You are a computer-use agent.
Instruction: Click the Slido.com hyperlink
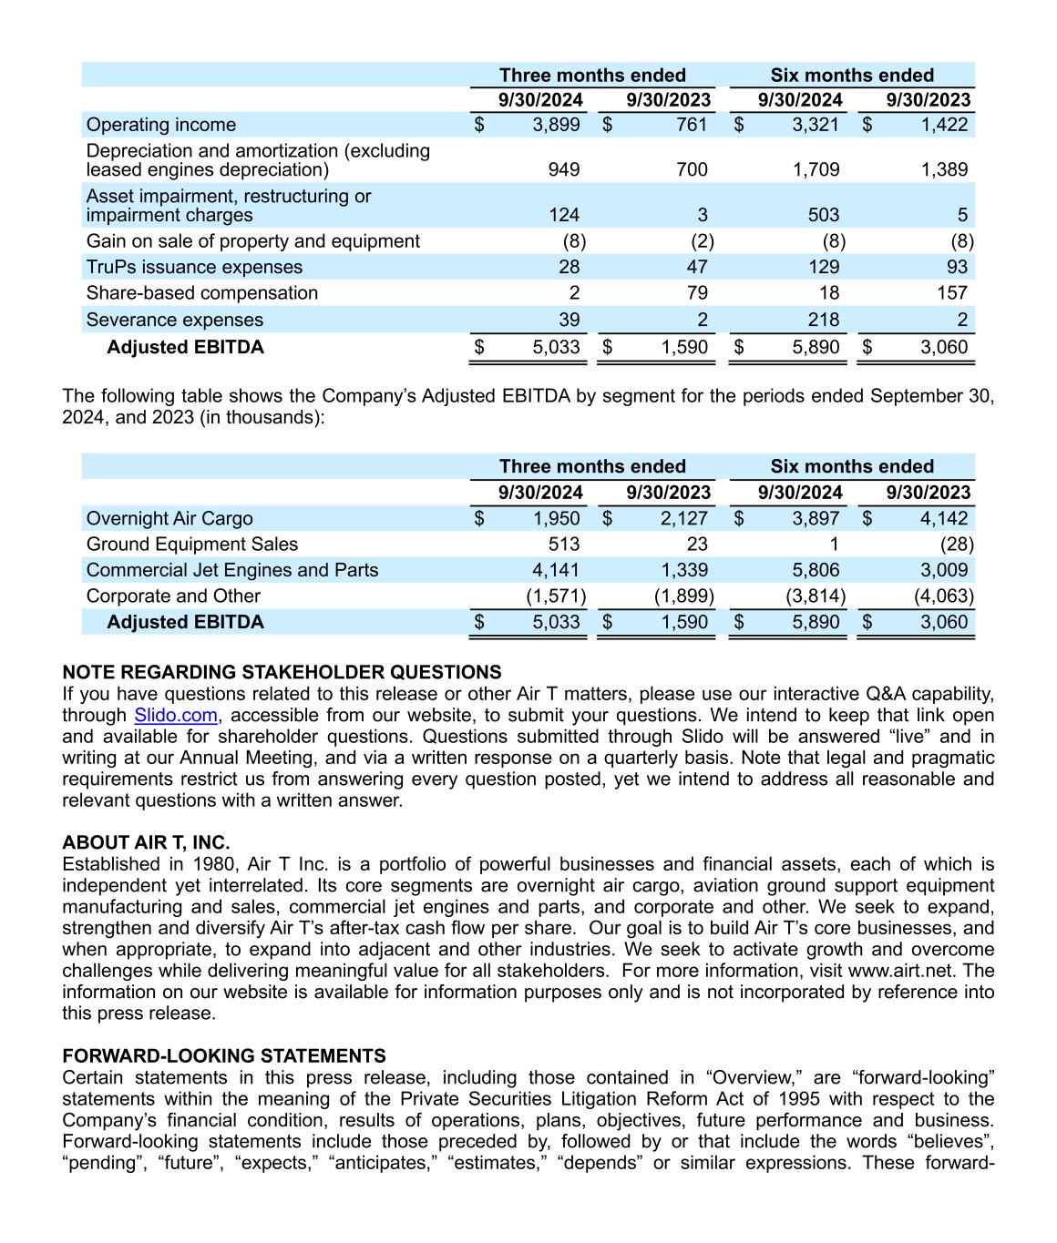coord(175,716)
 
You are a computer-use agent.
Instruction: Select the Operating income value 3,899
coord(556,125)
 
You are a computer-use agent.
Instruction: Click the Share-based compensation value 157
coord(947,293)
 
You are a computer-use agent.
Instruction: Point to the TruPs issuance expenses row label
coord(194,267)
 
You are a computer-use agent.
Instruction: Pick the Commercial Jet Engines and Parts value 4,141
coord(556,570)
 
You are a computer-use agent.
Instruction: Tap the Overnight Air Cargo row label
coord(169,518)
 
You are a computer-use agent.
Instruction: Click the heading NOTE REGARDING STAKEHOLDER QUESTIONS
coord(282,672)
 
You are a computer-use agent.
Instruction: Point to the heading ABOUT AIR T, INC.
coord(146,842)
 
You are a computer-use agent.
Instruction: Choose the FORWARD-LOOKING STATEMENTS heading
coord(224,1055)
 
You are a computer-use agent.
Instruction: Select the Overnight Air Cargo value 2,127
coord(683,518)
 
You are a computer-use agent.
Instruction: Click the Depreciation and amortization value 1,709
coord(816,169)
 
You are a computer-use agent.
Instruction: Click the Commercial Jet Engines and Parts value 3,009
coord(944,570)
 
